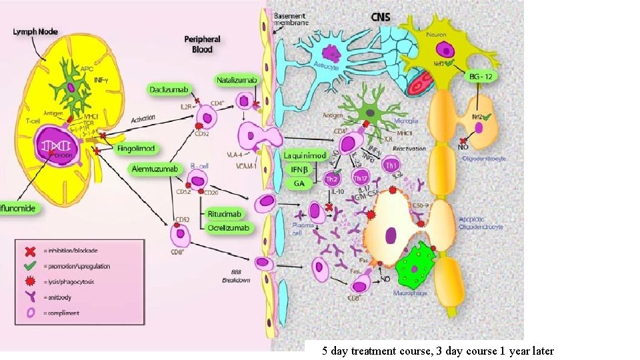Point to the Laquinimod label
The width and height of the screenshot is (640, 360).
tap(304, 155)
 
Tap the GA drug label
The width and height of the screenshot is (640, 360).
tap(299, 182)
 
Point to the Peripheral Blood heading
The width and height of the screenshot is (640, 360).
tap(203, 44)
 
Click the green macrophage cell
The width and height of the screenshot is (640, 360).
tap(415, 266)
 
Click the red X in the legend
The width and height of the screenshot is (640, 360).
tap(30, 251)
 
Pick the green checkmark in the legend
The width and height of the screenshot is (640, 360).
tap(30, 265)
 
